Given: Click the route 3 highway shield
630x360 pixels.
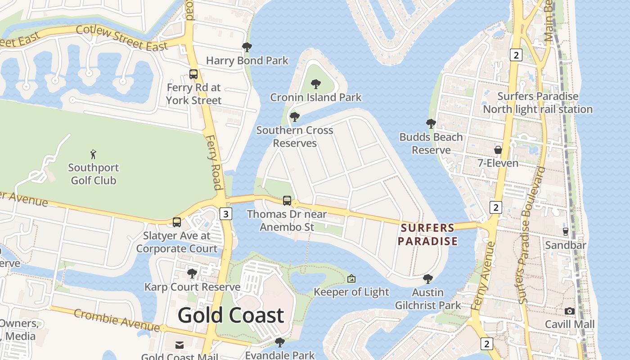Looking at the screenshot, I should pyautogui.click(x=226, y=214).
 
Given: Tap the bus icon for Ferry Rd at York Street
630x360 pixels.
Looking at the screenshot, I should pyautogui.click(x=193, y=74).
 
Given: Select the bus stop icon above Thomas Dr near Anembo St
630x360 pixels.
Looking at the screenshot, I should pyautogui.click(x=287, y=201).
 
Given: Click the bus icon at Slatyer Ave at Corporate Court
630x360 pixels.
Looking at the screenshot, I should pyautogui.click(x=177, y=222).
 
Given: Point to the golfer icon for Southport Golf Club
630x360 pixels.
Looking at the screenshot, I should pyautogui.click(x=93, y=154).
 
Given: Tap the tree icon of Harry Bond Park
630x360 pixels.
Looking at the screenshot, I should pyautogui.click(x=247, y=47).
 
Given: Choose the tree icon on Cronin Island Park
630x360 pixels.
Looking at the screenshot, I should pyautogui.click(x=316, y=84).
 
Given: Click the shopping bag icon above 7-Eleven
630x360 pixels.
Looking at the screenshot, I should pyautogui.click(x=498, y=149).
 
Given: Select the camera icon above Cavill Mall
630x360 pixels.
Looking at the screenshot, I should pyautogui.click(x=570, y=311).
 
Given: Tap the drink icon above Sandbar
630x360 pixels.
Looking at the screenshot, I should pyautogui.click(x=566, y=232).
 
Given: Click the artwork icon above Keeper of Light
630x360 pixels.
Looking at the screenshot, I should pyautogui.click(x=351, y=279).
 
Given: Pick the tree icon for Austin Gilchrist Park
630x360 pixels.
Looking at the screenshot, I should pyautogui.click(x=428, y=279).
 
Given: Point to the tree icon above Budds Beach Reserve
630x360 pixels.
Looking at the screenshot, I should pyautogui.click(x=431, y=124).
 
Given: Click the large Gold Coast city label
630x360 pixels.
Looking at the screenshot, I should pyautogui.click(x=231, y=315).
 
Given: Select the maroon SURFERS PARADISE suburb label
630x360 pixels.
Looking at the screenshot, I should pyautogui.click(x=427, y=234).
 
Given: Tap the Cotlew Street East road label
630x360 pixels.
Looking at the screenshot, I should pyautogui.click(x=121, y=37).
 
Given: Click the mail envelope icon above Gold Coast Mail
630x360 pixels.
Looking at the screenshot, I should pyautogui.click(x=180, y=345).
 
